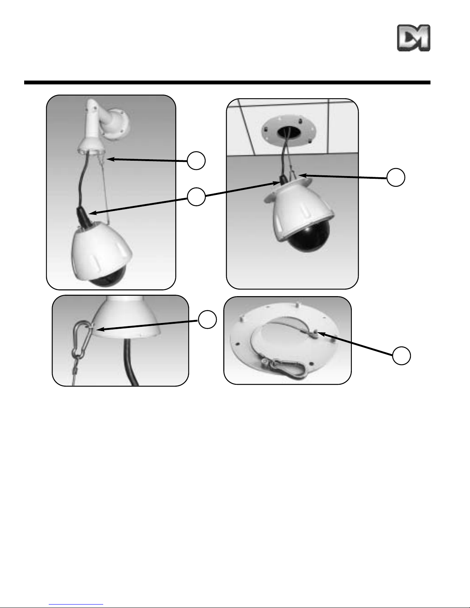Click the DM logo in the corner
pos(414,38)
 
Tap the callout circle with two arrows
pos(196,197)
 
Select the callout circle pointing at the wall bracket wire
pos(196,160)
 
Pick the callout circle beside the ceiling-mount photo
pos(396,177)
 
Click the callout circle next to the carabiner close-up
pos(207,319)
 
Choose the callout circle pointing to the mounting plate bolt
pos(401,356)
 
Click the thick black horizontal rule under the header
pos(227,82)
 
